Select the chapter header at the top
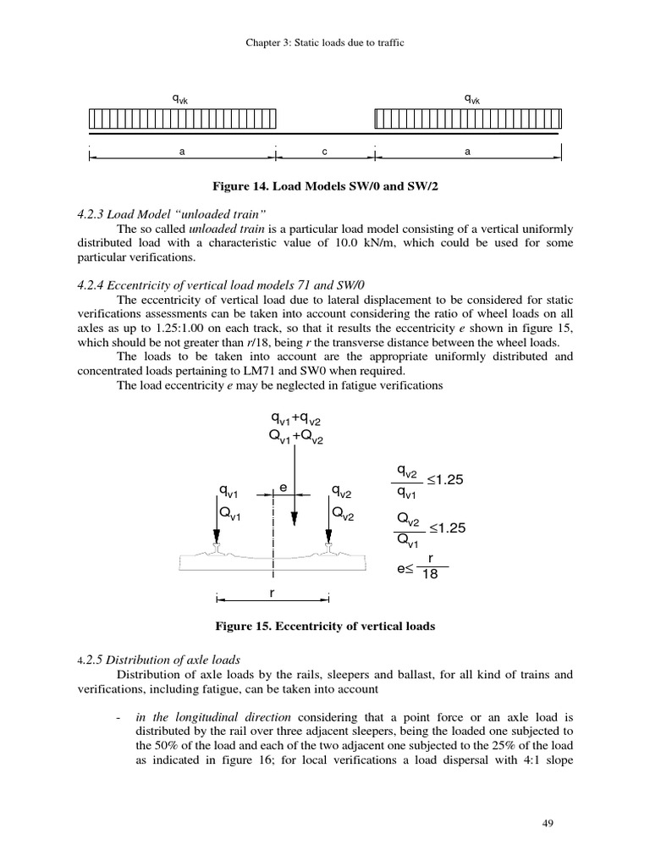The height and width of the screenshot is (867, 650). [325, 41]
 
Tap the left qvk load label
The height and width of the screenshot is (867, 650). [180, 100]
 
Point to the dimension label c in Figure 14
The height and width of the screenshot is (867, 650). [325, 152]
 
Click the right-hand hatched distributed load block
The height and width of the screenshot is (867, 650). [468, 121]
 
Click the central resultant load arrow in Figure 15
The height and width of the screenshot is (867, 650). [294, 483]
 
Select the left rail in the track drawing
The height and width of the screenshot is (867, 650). [218, 551]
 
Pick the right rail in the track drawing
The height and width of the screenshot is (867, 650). [328, 551]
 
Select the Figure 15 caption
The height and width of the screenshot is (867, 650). [325, 627]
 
